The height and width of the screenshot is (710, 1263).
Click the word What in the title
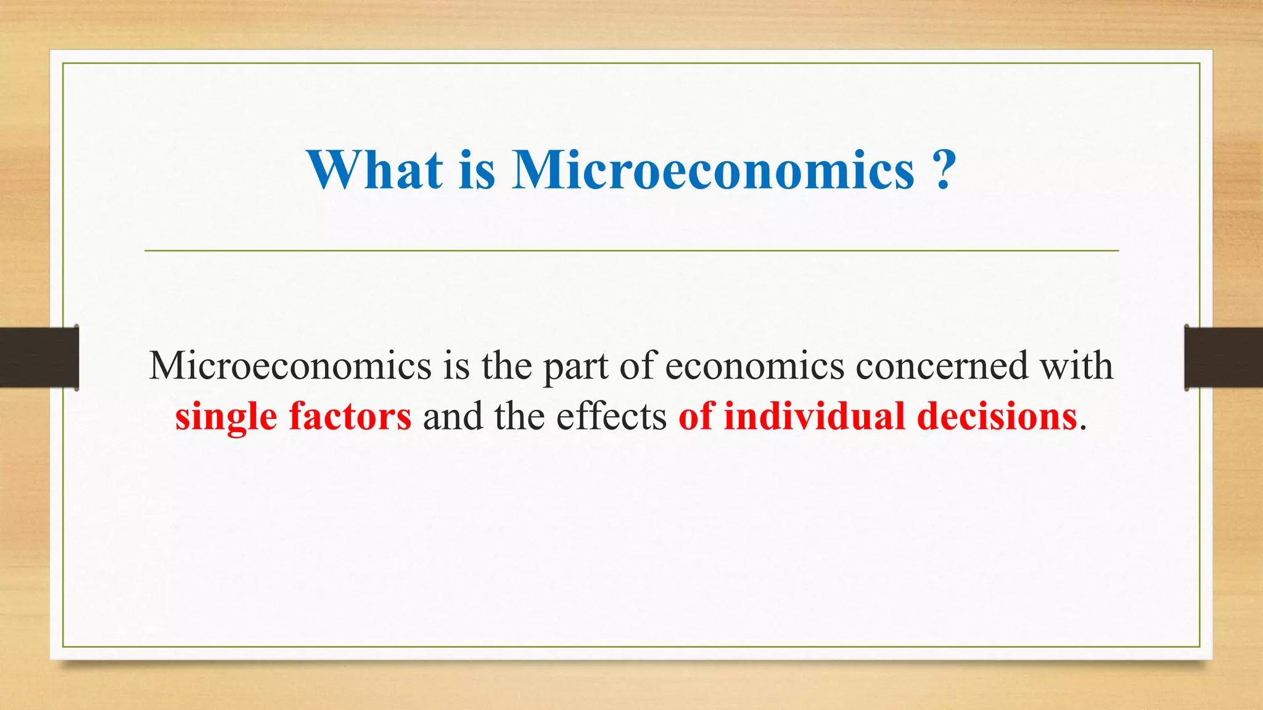[375, 169]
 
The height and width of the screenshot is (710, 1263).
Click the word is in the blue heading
[477, 169]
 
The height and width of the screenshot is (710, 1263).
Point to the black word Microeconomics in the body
[290, 365]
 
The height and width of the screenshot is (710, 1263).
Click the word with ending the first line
[1077, 365]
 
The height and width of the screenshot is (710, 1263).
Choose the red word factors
[350, 416]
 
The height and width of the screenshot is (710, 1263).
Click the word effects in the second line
[611, 416]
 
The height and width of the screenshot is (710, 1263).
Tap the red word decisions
[997, 416]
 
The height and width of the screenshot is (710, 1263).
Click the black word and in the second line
[453, 416]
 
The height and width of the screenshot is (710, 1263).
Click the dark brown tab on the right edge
[1224, 357]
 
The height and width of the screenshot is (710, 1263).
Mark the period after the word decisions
[1083, 427]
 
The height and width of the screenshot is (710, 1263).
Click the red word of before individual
[696, 416]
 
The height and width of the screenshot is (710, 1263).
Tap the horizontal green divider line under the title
[631, 251]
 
